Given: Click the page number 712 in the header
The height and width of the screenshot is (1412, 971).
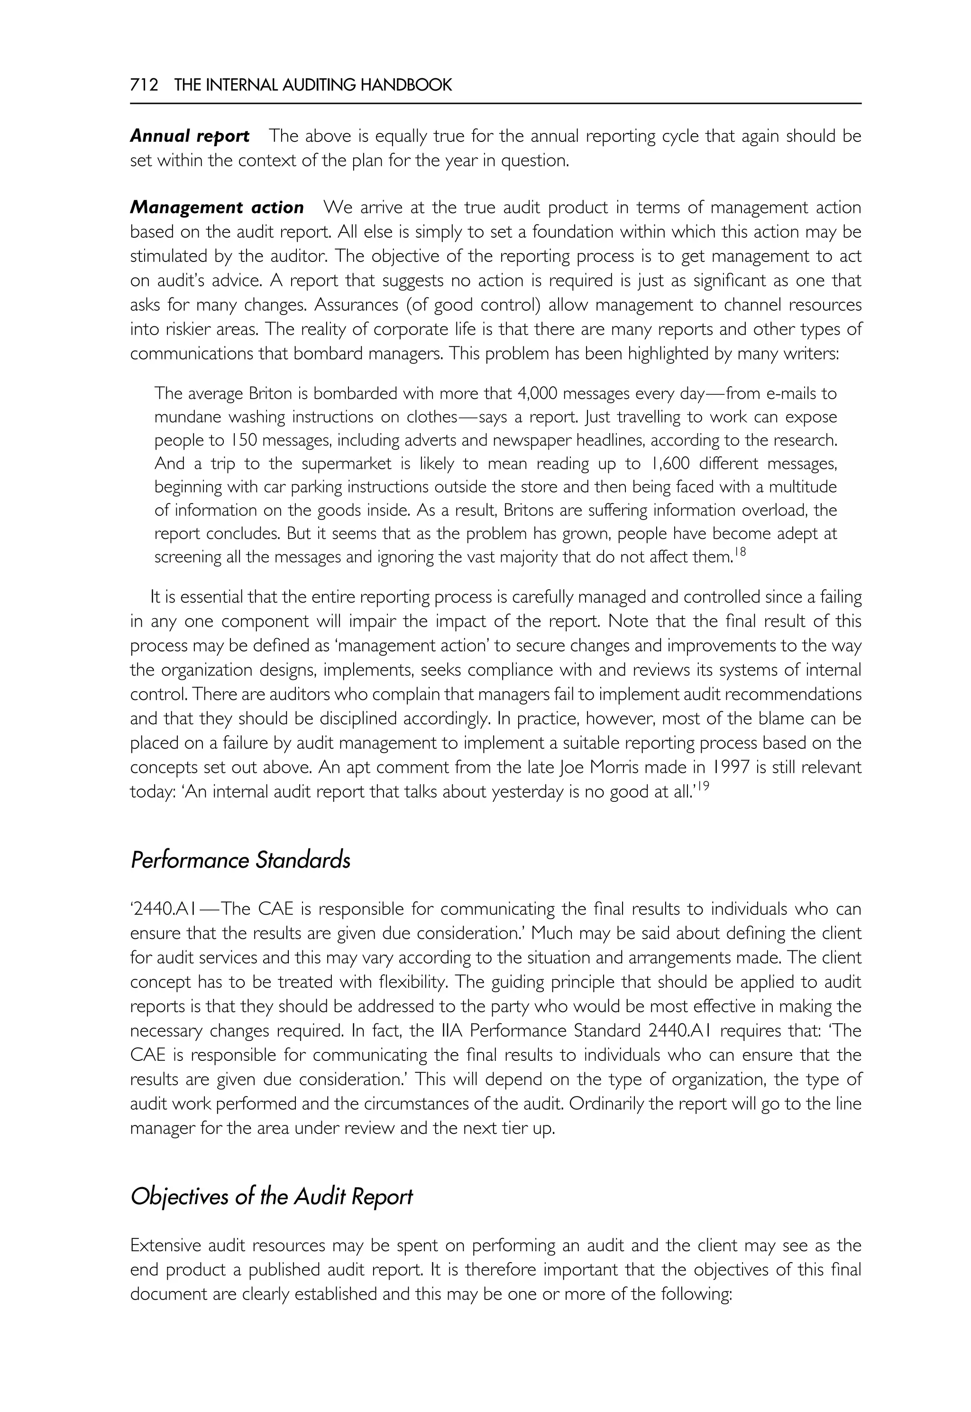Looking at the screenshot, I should point(144,85).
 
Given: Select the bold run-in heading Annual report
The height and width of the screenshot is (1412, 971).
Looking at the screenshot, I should point(189,136).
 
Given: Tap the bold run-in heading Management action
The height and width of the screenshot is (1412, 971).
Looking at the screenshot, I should point(217,208).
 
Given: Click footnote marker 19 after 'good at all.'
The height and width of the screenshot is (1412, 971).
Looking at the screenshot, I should point(703,787).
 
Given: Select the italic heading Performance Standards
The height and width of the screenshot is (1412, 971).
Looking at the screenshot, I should point(240,860).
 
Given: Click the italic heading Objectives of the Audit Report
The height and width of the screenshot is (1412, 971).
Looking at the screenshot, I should point(271,1197).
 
